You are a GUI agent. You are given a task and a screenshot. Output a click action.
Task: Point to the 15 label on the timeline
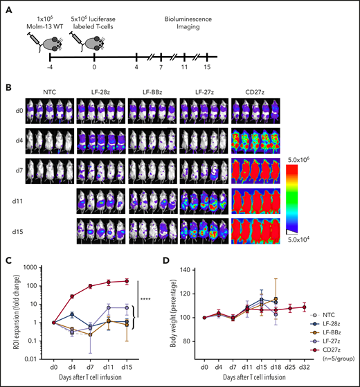point(208,68)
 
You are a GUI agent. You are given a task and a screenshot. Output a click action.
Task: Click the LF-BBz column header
point(152,89)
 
